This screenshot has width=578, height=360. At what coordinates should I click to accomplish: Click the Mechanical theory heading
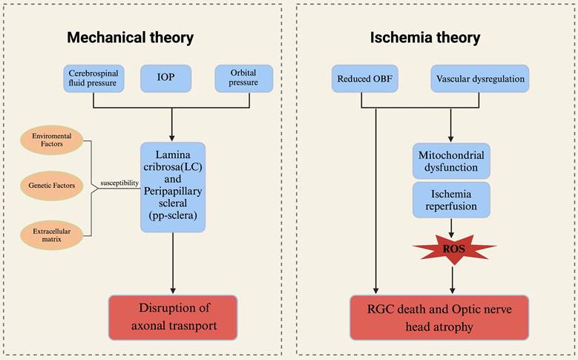131,37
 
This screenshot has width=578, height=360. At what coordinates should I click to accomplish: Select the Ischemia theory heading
426,37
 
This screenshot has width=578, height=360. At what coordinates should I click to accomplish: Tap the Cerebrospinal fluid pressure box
93,78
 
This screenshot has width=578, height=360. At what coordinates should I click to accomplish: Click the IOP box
172,78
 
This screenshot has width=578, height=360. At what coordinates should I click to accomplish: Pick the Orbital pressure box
243,78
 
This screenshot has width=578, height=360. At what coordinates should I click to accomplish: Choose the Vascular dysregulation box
480,79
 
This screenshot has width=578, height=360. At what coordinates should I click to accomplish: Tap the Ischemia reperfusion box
451,199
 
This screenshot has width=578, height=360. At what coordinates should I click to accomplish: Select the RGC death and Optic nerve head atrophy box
439,317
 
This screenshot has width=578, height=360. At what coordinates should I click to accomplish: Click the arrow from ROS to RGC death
452,281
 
